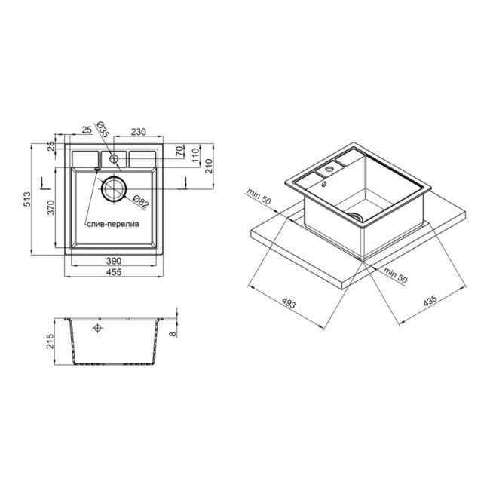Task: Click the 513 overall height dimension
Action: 28,199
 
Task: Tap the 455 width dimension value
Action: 114,272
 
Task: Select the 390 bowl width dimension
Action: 114,261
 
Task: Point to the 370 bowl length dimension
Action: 51,207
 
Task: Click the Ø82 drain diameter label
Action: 141,202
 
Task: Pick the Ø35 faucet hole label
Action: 103,130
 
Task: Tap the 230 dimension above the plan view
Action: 138,132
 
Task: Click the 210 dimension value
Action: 208,166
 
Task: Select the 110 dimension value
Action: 195,155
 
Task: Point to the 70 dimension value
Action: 179,152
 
